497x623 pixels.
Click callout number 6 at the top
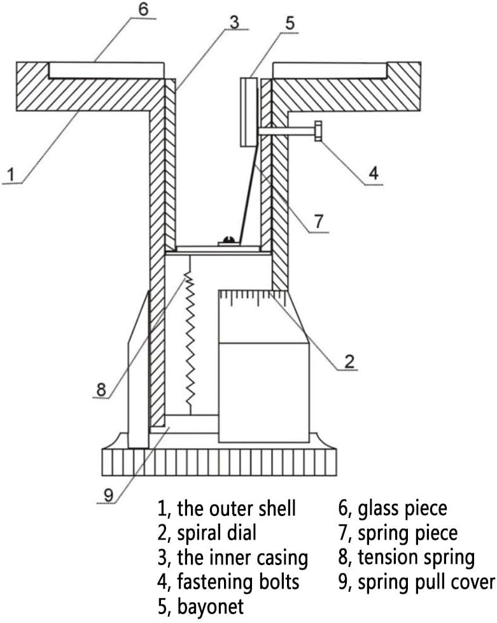click(x=143, y=10)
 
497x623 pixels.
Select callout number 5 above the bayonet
click(x=290, y=24)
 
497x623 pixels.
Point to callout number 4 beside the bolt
click(x=374, y=172)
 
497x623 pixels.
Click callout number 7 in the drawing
click(x=318, y=222)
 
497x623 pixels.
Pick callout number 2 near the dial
click(x=349, y=361)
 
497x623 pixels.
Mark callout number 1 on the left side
click(x=10, y=173)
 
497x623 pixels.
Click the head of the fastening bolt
click(x=318, y=132)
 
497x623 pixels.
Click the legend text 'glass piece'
click(x=402, y=508)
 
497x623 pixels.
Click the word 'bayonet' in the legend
click(x=210, y=606)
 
